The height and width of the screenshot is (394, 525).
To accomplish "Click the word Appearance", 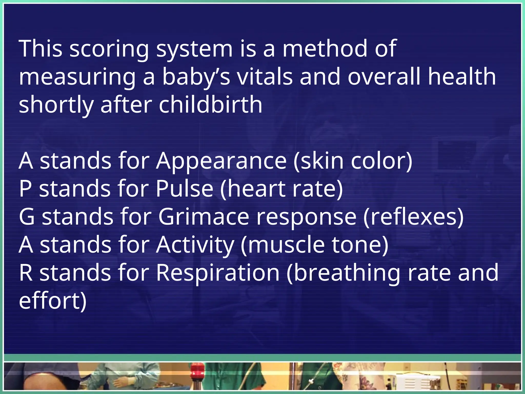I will [x=221, y=161].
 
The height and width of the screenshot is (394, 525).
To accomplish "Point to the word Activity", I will [x=195, y=245].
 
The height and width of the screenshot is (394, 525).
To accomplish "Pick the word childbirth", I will [x=210, y=105].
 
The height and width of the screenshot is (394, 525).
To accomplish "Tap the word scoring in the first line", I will [x=109, y=49].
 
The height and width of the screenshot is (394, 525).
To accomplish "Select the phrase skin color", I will [x=353, y=161].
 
